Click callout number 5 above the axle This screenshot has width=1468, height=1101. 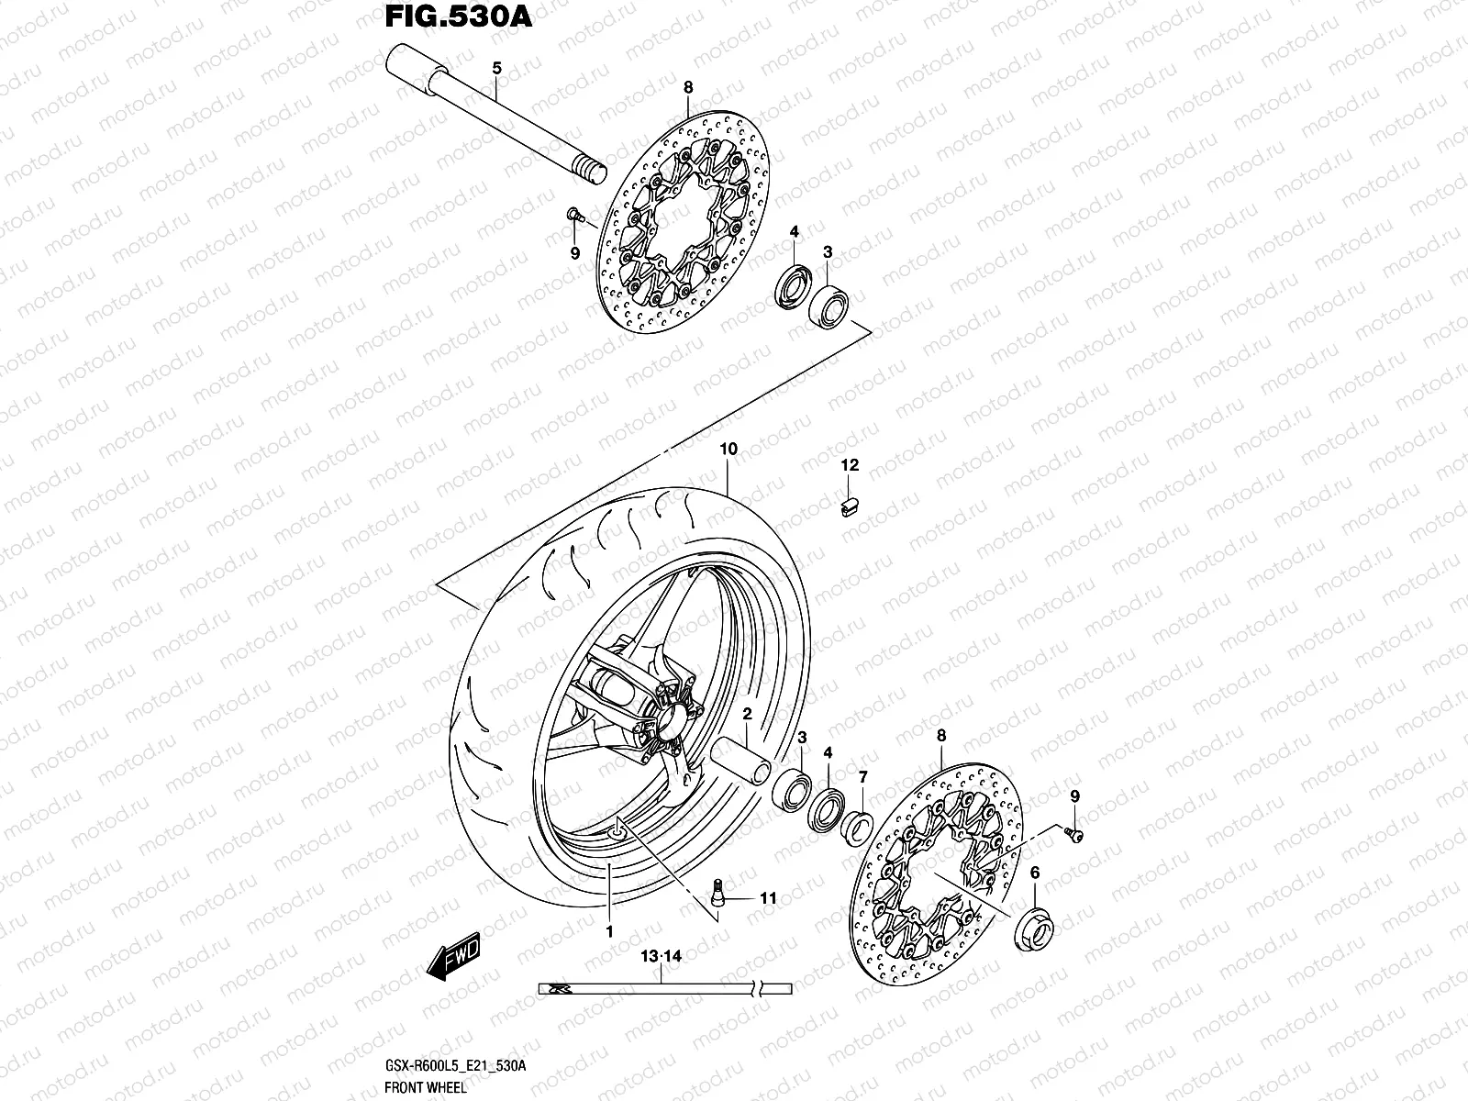tap(496, 68)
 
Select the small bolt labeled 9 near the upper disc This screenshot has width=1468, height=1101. tap(574, 215)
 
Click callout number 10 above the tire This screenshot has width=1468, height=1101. tap(728, 450)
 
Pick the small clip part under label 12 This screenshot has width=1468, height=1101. tap(850, 505)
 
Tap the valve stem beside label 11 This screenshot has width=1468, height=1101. tap(718, 892)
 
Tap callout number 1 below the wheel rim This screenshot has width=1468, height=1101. tap(609, 931)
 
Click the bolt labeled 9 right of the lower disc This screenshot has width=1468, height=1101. tap(1073, 832)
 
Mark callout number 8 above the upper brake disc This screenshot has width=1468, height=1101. tap(688, 87)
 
